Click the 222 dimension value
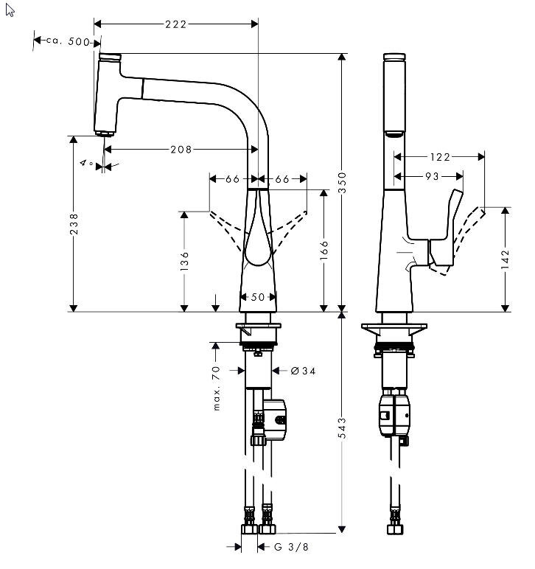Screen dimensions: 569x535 tap(175, 24)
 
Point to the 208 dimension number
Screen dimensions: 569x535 tap(181, 149)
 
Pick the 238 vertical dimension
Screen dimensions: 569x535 tap(74, 224)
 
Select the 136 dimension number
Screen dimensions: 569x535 tap(185, 259)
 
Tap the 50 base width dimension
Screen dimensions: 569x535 tap(258, 297)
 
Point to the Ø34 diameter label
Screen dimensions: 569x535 tap(303, 371)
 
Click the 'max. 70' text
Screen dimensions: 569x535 tap(217, 388)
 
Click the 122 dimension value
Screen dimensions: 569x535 tap(439, 156)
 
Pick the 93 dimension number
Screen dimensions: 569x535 tap(432, 176)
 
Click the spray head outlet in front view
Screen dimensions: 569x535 tap(104, 133)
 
